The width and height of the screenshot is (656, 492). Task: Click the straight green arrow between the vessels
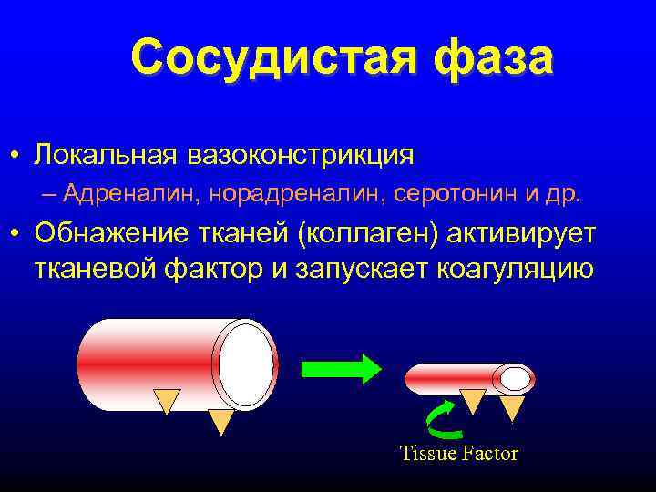[x=342, y=368]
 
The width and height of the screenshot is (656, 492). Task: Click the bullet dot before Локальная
[x=18, y=156]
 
